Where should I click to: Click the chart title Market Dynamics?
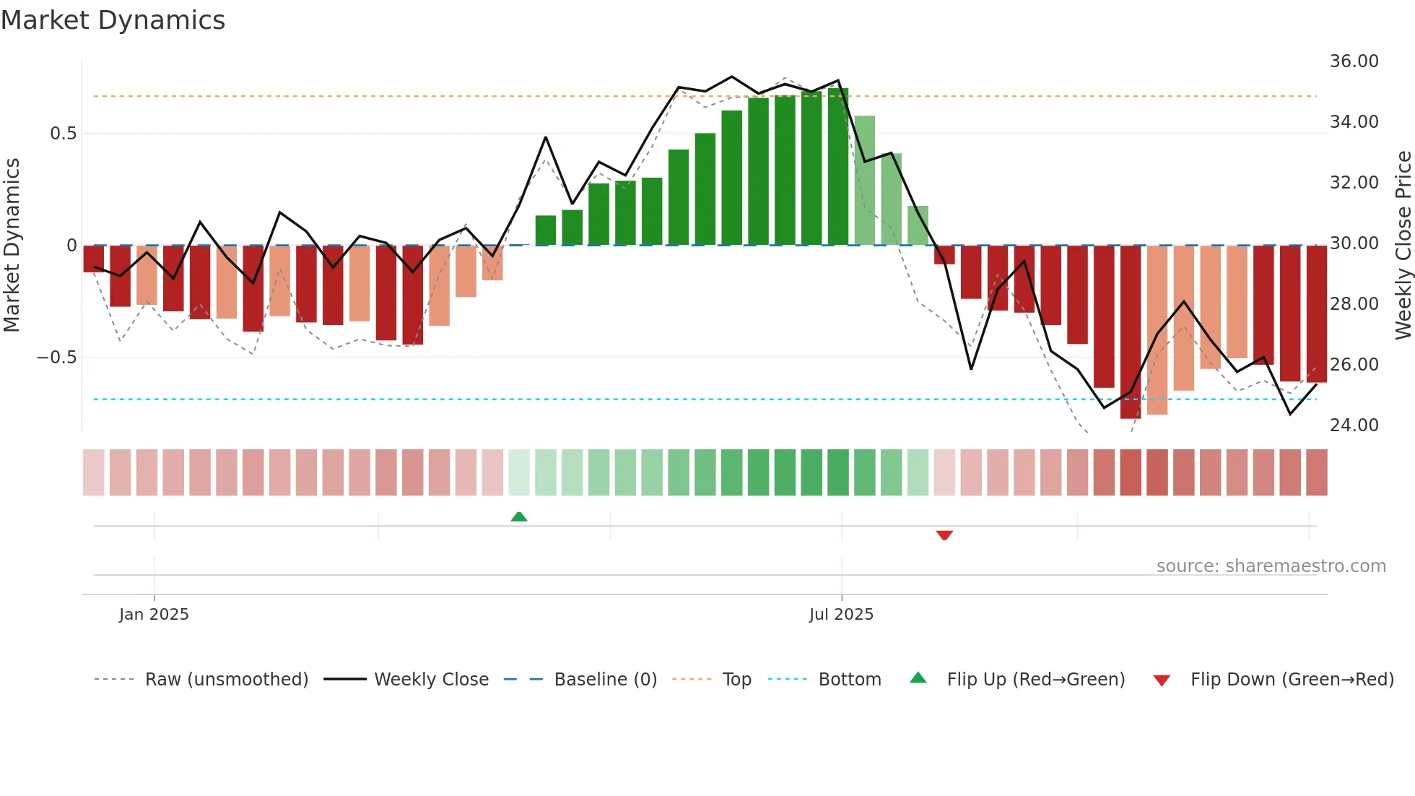(x=113, y=20)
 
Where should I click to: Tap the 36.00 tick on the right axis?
(x=1354, y=61)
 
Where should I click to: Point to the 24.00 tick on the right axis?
(x=1354, y=425)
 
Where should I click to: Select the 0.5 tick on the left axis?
(x=63, y=134)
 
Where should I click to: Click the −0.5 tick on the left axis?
(x=56, y=358)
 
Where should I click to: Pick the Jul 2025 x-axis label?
(x=841, y=615)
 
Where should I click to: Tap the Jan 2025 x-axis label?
(x=154, y=615)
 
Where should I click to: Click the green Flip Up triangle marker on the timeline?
(x=519, y=516)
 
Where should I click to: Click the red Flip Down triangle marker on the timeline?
(x=944, y=535)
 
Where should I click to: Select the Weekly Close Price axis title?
(x=1403, y=246)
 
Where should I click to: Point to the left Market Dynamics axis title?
(x=12, y=246)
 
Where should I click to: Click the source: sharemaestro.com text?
(x=1271, y=566)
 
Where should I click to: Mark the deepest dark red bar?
(x=1131, y=332)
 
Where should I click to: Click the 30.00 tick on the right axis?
(x=1354, y=243)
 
